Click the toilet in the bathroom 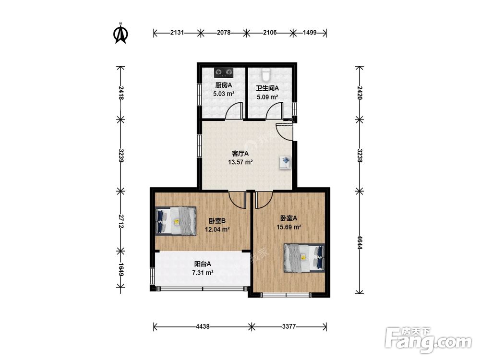(266, 73)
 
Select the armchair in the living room (285, 162)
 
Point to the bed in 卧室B (176, 221)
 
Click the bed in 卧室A (304, 258)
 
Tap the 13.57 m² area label (240, 162)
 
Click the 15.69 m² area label (288, 227)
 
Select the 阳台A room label (203, 264)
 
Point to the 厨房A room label (224, 85)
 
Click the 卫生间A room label (267, 88)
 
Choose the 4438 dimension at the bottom (203, 326)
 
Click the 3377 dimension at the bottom (288, 326)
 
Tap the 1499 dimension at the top (310, 33)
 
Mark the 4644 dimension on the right (360, 242)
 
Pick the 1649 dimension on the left (121, 270)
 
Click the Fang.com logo (429, 340)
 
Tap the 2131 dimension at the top (177, 33)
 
